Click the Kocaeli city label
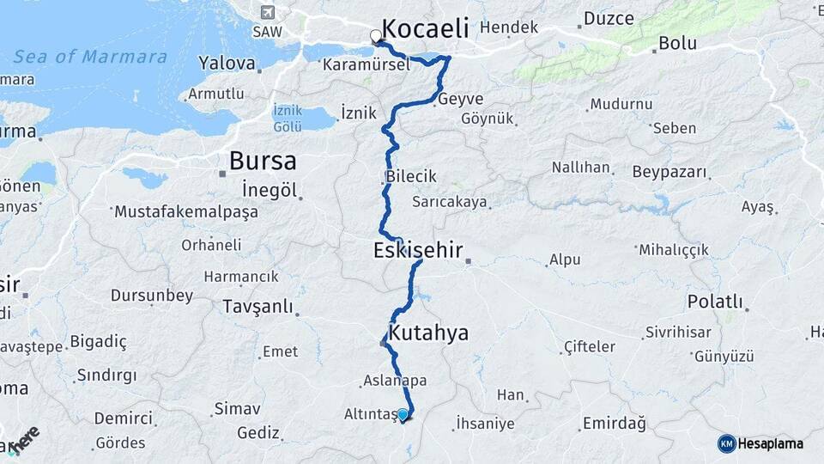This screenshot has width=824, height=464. tap(425, 27)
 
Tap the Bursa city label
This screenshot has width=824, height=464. tap(263, 161)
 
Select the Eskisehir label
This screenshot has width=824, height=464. tap(418, 251)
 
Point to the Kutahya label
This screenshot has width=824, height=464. tap(428, 333)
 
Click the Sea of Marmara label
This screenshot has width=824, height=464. tap(90, 58)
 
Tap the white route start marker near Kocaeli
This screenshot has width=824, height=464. tap(376, 36)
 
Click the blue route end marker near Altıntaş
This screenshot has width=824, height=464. tap(403, 414)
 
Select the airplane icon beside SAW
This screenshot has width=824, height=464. tap(267, 12)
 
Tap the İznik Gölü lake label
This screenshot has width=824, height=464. tap(287, 119)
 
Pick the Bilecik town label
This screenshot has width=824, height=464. tap(411, 176)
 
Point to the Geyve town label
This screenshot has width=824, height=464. tap(461, 99)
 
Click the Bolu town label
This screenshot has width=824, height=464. tap(678, 44)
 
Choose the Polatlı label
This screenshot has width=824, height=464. tap(714, 302)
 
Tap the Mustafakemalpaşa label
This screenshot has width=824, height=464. tap(185, 211)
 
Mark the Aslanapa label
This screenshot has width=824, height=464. tap(395, 380)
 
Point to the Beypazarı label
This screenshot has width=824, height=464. tap(670, 172)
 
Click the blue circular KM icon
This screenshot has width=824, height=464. tap(727, 443)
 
